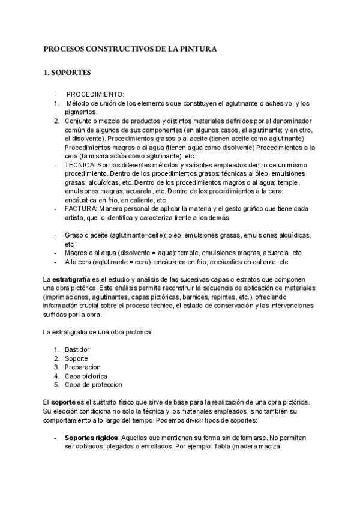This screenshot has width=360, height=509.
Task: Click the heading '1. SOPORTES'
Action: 67,73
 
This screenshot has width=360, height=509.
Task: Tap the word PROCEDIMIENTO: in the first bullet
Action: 95,95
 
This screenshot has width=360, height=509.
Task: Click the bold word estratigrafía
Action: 71,280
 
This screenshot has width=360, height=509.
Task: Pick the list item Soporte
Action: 76,358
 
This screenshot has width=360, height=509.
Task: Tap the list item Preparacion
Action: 82,367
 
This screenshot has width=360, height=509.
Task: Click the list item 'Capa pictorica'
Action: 86,376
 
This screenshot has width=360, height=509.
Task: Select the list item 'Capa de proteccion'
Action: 93,385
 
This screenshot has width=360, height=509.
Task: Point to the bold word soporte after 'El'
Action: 64,401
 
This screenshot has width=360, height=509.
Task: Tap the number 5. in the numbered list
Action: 56,385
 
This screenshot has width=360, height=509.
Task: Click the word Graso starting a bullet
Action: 74,236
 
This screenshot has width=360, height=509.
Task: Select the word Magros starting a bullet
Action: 76,253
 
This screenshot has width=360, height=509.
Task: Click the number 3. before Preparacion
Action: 56,367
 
